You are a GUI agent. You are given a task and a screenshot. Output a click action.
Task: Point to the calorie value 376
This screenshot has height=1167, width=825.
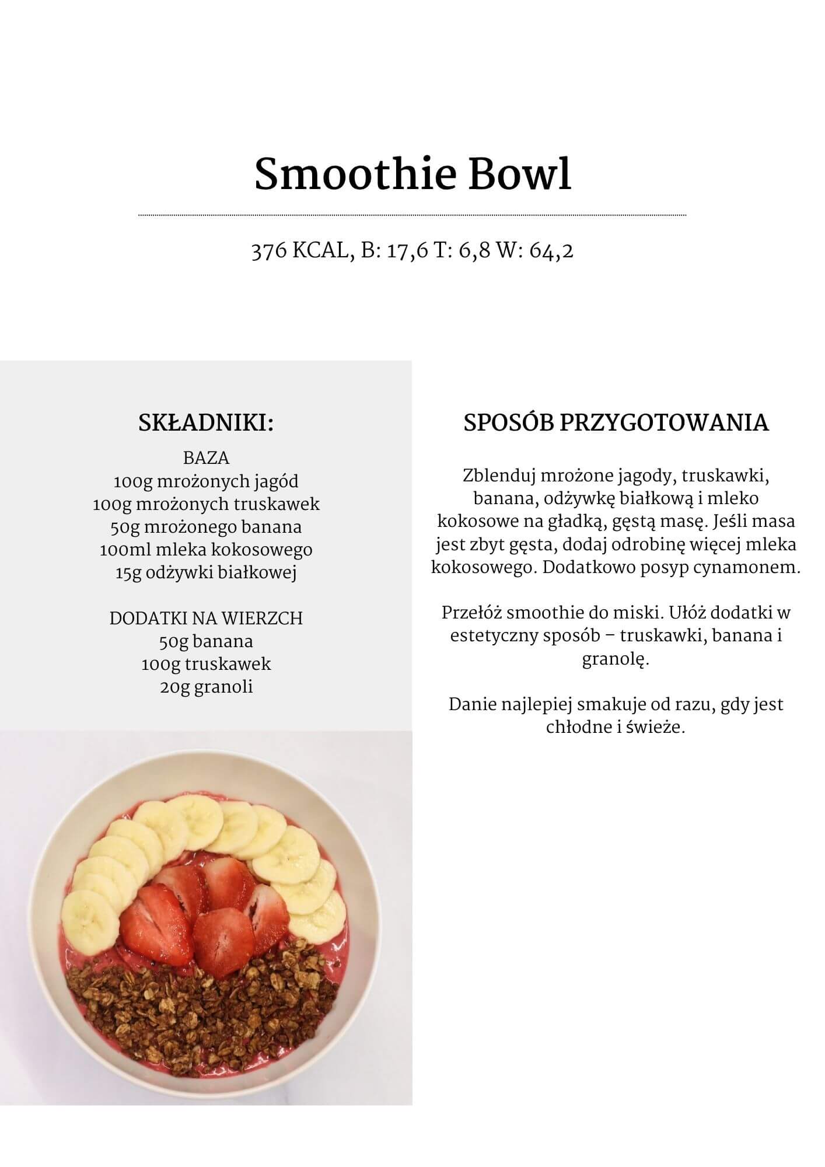(268, 251)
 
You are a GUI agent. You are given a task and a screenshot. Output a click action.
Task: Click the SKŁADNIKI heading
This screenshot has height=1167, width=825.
(206, 423)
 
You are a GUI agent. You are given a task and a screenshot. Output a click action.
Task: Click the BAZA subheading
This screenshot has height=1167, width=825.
(206, 458)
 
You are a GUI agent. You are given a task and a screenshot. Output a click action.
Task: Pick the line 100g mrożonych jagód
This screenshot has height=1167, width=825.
(206, 481)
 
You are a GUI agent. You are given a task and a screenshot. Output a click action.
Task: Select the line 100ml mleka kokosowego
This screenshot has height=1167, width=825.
(206, 550)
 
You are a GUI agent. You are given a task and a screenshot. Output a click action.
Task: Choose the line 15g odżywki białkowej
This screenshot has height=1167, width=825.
(206, 572)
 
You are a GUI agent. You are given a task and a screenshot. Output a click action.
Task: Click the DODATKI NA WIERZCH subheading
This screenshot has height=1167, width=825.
(206, 619)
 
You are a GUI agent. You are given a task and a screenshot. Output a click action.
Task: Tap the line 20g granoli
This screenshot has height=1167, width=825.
(206, 687)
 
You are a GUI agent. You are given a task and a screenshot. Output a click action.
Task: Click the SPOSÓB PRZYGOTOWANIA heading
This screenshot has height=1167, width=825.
(616, 423)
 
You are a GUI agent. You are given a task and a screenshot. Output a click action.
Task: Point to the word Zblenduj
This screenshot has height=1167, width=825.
(499, 476)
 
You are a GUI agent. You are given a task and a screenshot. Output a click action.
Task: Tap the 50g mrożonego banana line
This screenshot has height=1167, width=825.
(206, 527)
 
